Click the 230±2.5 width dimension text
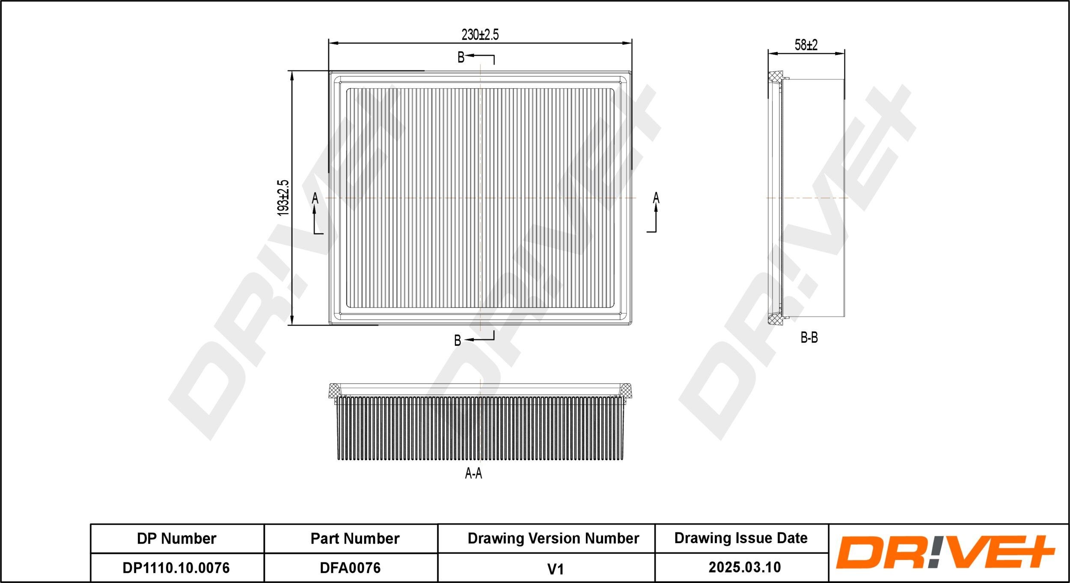(480, 35)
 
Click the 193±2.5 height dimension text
(283, 197)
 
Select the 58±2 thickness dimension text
(806, 45)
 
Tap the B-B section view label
(809, 338)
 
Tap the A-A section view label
(473, 473)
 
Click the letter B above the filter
(461, 57)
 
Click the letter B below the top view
(458, 341)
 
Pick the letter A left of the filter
(315, 198)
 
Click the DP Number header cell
(177, 538)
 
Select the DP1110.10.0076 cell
(176, 568)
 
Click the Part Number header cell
(355, 538)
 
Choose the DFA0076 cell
(350, 568)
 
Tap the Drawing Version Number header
(553, 538)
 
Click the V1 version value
(555, 569)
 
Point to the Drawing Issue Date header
(740, 538)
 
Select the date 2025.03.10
(744, 568)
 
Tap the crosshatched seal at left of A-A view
(334, 390)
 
